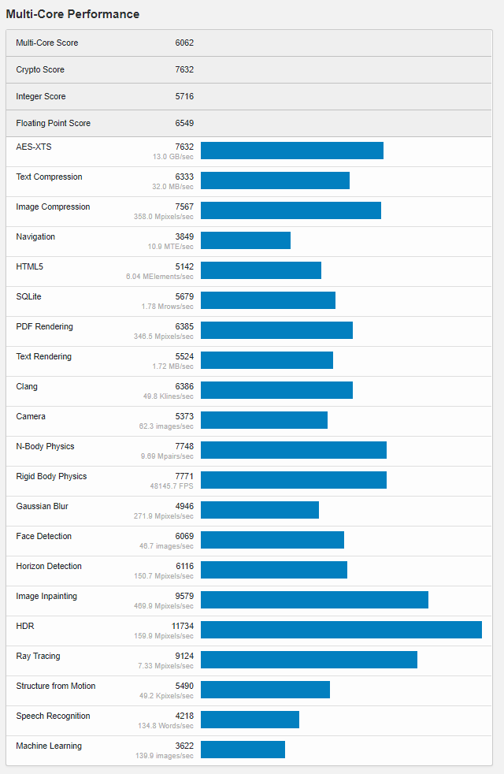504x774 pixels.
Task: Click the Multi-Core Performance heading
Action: pyautogui.click(x=72, y=14)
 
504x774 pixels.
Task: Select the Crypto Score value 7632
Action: pyautogui.click(x=184, y=69)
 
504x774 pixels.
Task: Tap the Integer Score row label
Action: pyautogui.click(x=41, y=96)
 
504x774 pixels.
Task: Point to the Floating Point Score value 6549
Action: pyautogui.click(x=184, y=123)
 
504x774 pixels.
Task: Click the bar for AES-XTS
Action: pyautogui.click(x=291, y=151)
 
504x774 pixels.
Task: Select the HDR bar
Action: pyautogui.click(x=341, y=630)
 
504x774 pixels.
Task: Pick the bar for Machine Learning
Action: pyautogui.click(x=243, y=750)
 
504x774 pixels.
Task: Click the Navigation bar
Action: pyautogui.click(x=246, y=240)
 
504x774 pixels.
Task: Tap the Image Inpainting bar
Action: pyautogui.click(x=314, y=600)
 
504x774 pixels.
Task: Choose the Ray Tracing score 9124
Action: pyautogui.click(x=184, y=656)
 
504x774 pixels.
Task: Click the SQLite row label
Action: pyautogui.click(x=29, y=296)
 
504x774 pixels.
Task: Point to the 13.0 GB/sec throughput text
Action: pyautogui.click(x=173, y=157)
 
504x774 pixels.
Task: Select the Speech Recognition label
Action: pyautogui.click(x=53, y=716)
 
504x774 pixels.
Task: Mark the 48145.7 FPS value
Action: pyautogui.click(x=172, y=486)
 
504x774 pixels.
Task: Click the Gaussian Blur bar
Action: pyautogui.click(x=260, y=510)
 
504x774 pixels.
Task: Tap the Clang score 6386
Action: pyautogui.click(x=184, y=386)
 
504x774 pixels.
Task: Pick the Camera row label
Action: pyautogui.click(x=31, y=416)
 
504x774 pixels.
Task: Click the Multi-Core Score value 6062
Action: pyautogui.click(x=184, y=43)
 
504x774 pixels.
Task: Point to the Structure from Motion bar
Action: pyautogui.click(x=265, y=690)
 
